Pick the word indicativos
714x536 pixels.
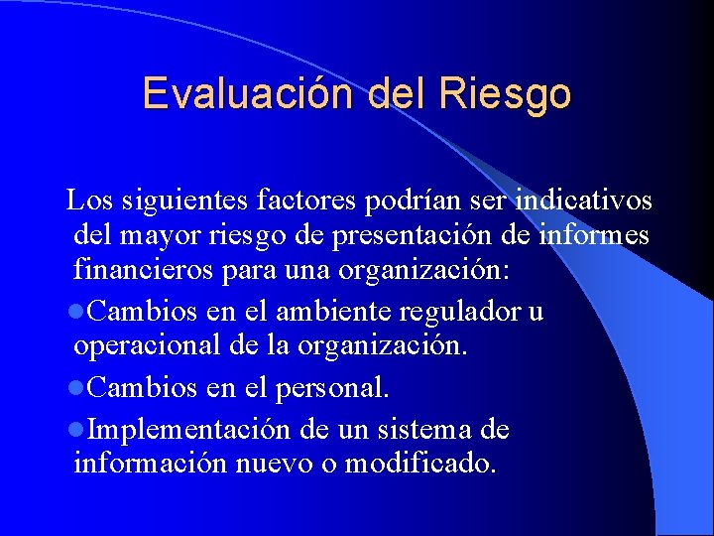point(581,201)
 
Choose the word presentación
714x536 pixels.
point(407,236)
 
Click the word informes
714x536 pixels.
point(596,235)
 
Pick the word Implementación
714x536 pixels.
point(189,430)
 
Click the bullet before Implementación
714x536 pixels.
point(79,430)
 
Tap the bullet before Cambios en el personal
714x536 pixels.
point(79,388)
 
